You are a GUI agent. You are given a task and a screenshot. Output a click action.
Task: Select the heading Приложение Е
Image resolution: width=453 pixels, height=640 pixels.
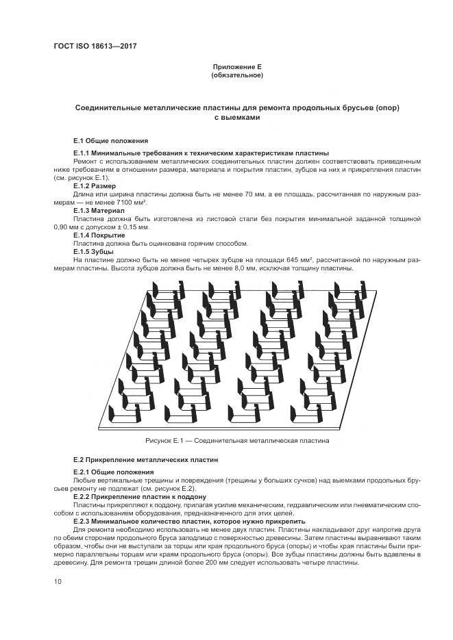237,66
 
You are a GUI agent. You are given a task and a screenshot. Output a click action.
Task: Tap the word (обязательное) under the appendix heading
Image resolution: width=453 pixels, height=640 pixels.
237,75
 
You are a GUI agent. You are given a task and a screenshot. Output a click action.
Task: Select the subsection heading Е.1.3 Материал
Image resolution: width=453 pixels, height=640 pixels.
98,211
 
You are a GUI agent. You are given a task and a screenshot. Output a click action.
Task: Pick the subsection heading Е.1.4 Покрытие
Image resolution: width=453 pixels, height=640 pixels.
99,235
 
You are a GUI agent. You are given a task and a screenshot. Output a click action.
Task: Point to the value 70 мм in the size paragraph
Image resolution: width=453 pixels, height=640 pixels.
254,194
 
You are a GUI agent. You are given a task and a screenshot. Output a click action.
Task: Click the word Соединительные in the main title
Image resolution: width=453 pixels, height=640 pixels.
109,108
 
